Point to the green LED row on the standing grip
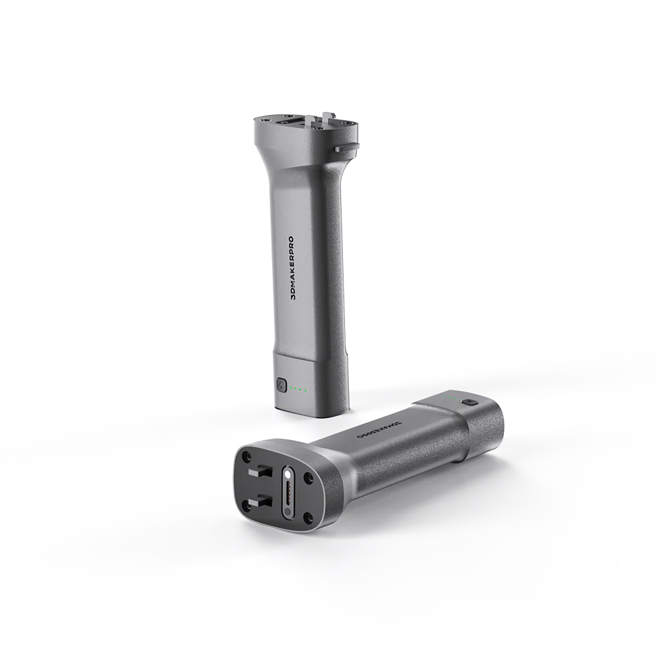pyautogui.click(x=300, y=389)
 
